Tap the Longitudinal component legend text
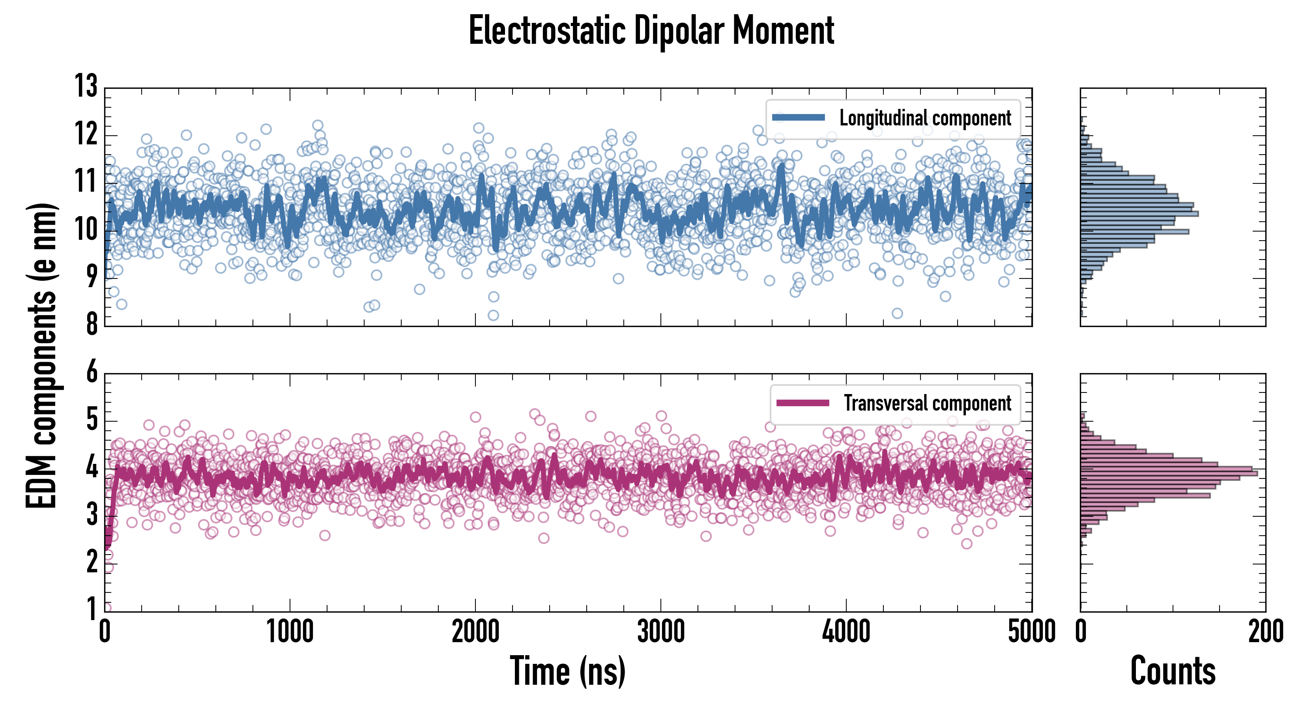pyautogui.click(x=925, y=118)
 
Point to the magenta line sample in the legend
pyautogui.click(x=803, y=403)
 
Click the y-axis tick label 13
pyautogui.click(x=86, y=86)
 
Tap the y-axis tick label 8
pyautogui.click(x=92, y=324)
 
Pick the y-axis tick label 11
pyautogui.click(x=86, y=181)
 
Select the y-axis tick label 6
pyautogui.click(x=92, y=372)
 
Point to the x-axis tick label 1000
pyautogui.click(x=290, y=632)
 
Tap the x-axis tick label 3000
pyautogui.click(x=660, y=632)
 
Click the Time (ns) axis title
pyautogui.click(x=568, y=671)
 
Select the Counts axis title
pyautogui.click(x=1173, y=671)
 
